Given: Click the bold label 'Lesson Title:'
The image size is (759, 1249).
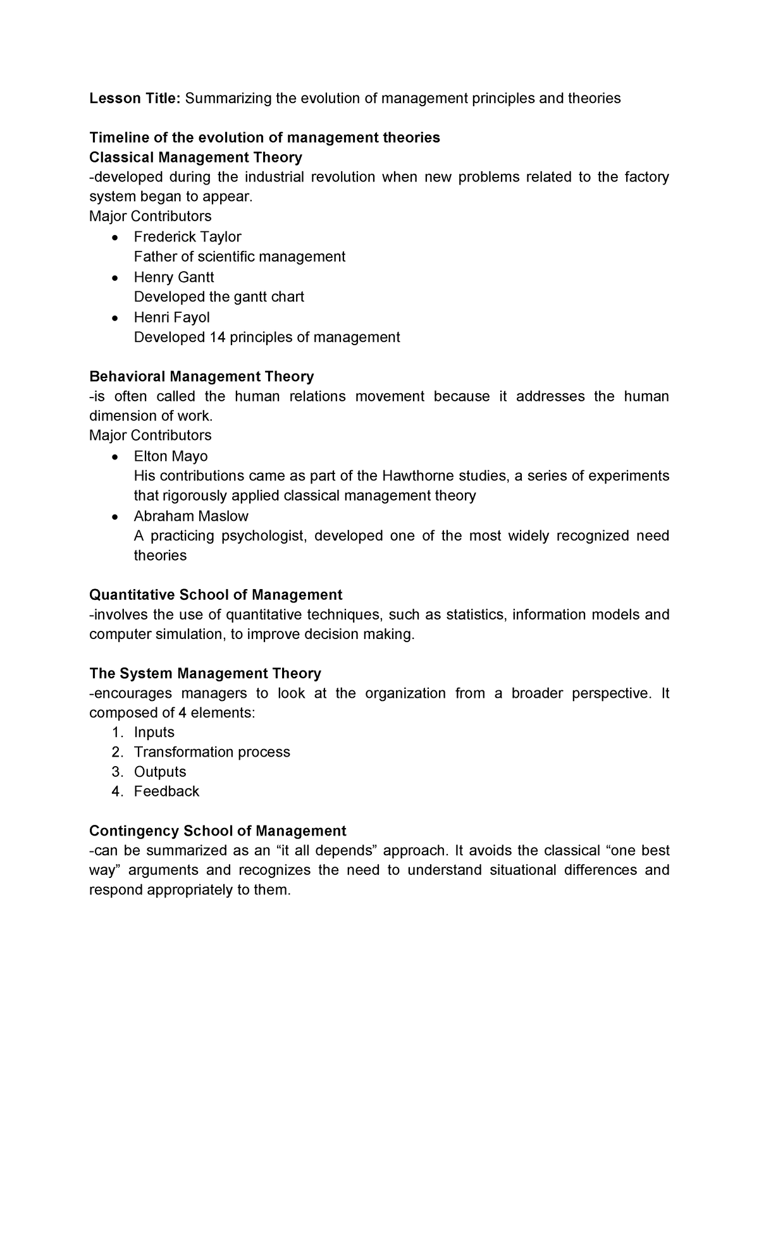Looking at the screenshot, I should pyautogui.click(x=135, y=99).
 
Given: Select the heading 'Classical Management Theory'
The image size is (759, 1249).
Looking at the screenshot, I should pyautogui.click(x=195, y=157).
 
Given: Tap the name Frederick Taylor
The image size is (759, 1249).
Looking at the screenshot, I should pyautogui.click(x=187, y=237).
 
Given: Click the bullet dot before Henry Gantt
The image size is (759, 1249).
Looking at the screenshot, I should pyautogui.click(x=114, y=278).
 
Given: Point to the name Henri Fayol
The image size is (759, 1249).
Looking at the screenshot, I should pyautogui.click(x=171, y=317).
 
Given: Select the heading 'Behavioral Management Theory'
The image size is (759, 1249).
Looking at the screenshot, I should pyautogui.click(x=201, y=377).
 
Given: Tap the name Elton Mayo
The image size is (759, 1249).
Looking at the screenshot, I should pyautogui.click(x=171, y=456).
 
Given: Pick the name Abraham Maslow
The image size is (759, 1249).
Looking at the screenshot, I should pyautogui.click(x=191, y=516).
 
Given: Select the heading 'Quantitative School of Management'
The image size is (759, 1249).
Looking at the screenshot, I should pyautogui.click(x=216, y=595).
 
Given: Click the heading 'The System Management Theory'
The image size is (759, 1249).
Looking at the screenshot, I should pyautogui.click(x=205, y=673).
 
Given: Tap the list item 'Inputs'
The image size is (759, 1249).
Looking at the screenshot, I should pyautogui.click(x=154, y=733).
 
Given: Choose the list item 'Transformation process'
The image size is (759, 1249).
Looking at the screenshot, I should pyautogui.click(x=212, y=752).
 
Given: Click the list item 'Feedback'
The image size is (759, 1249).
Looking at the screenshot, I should pyautogui.click(x=166, y=792).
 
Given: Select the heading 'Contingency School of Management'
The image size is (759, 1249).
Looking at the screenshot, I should pyautogui.click(x=218, y=831).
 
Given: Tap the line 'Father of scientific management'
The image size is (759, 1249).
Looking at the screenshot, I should pyautogui.click(x=239, y=257).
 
